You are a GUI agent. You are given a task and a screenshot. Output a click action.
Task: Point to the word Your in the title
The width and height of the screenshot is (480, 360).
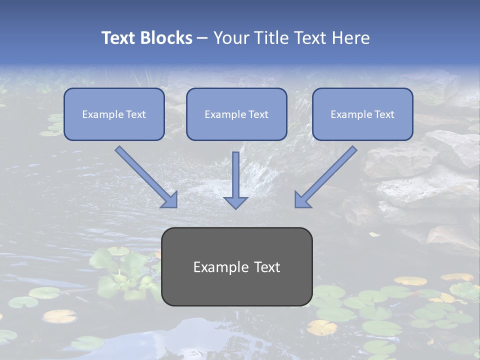point(229,38)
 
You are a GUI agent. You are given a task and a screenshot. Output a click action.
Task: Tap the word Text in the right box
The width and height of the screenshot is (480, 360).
point(384,114)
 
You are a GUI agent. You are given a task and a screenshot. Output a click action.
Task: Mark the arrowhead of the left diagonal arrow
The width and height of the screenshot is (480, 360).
point(170,199)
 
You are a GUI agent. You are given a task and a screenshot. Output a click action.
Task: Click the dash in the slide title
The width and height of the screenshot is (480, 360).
point(203,38)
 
